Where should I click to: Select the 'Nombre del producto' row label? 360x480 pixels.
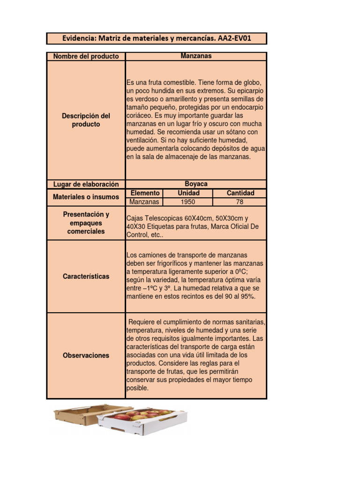(x=86, y=57)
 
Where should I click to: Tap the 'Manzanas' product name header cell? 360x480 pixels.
(x=196, y=56)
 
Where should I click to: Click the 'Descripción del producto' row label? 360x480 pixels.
(x=86, y=120)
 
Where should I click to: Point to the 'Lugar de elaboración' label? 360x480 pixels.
(x=86, y=185)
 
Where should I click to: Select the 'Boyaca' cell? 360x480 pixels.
(x=196, y=184)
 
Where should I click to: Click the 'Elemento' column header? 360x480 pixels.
(x=145, y=193)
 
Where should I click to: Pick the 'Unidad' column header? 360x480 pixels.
(x=188, y=193)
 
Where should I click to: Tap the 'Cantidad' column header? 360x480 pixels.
(x=240, y=193)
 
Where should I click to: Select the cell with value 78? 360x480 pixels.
(x=240, y=202)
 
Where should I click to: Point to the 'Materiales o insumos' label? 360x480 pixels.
(x=86, y=197)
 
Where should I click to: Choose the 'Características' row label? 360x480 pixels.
(x=86, y=277)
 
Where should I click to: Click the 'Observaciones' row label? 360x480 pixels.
(x=86, y=356)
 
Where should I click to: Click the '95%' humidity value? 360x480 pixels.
(x=247, y=297)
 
